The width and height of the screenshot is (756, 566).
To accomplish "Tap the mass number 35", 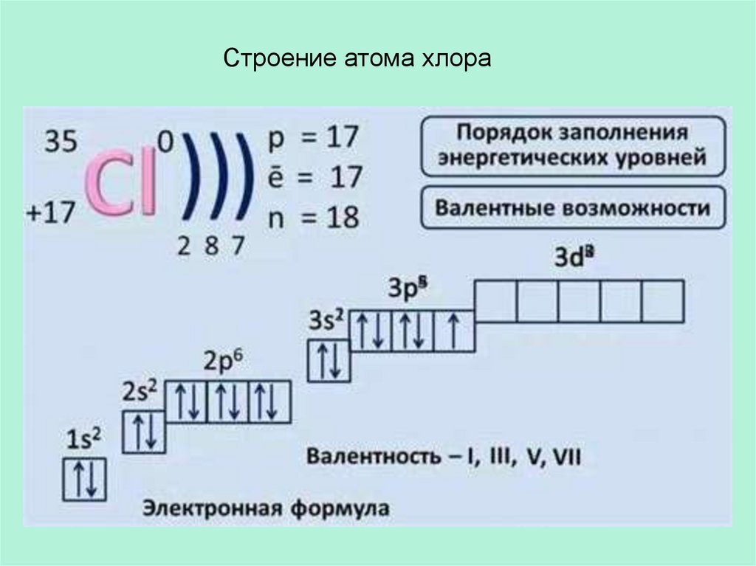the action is [62, 142].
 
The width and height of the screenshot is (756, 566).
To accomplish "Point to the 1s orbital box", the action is [86, 480].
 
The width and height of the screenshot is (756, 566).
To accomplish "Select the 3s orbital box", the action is [329, 360].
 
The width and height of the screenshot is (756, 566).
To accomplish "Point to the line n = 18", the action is [314, 217].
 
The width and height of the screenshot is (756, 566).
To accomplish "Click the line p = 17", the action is [314, 137].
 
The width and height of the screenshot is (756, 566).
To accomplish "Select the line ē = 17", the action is [314, 177].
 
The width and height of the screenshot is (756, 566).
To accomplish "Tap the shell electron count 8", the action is [210, 246].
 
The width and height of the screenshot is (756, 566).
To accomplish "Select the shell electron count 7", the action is [236, 246].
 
